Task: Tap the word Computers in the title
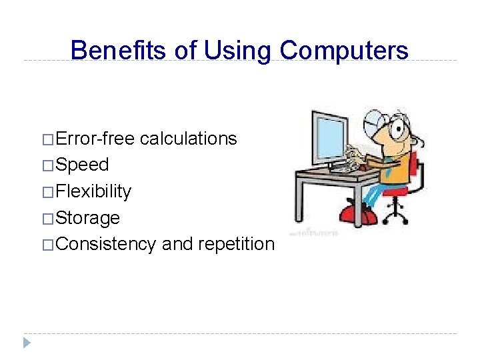pos(344,50)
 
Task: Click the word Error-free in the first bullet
pos(95,139)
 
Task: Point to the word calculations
pos(189,139)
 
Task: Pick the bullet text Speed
pos(82,165)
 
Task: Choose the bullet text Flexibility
pos(93,191)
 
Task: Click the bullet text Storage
pos(88,218)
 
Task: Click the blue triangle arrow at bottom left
pos(27,343)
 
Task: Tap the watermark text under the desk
pos(313,233)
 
